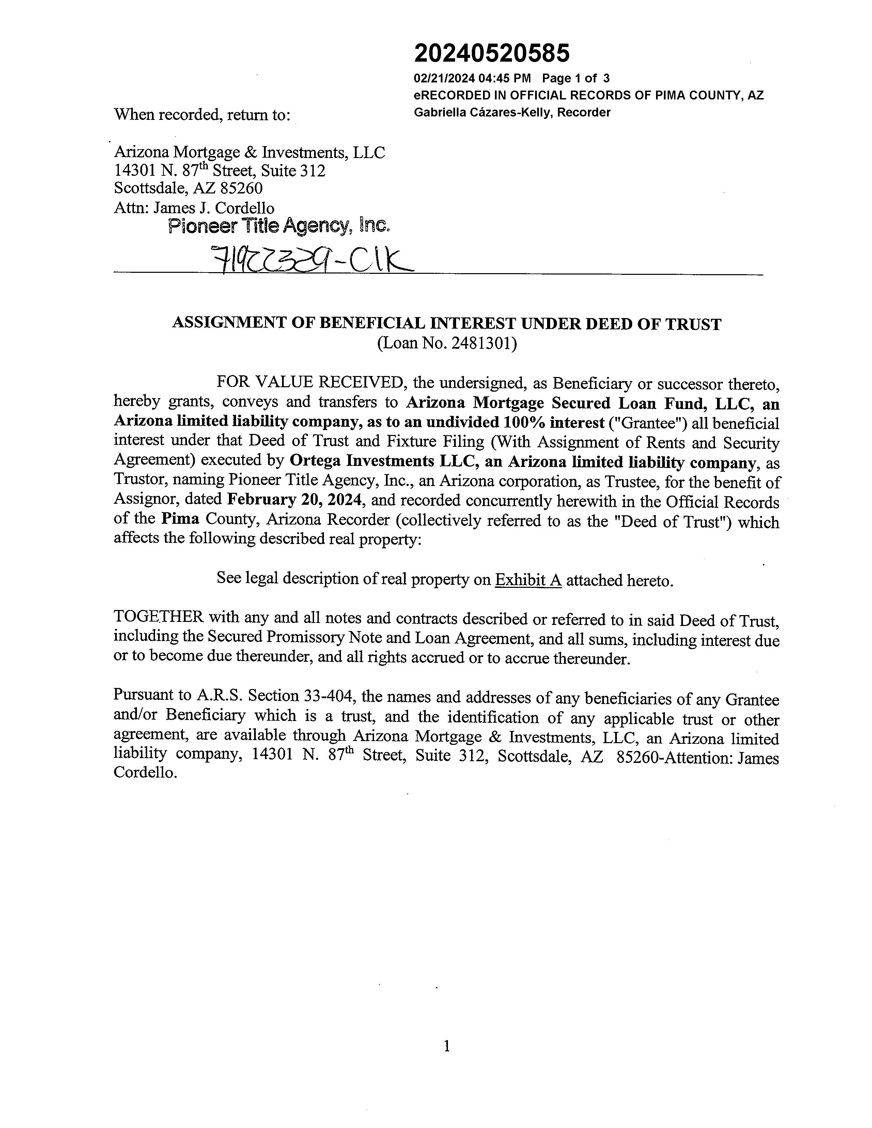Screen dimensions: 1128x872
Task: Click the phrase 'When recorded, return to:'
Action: pyautogui.click(x=201, y=115)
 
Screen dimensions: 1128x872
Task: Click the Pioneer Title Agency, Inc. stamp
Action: pyautogui.click(x=279, y=226)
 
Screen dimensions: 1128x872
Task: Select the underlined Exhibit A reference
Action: pyautogui.click(x=528, y=581)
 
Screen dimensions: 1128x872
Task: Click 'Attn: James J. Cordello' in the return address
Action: pyautogui.click(x=194, y=208)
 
